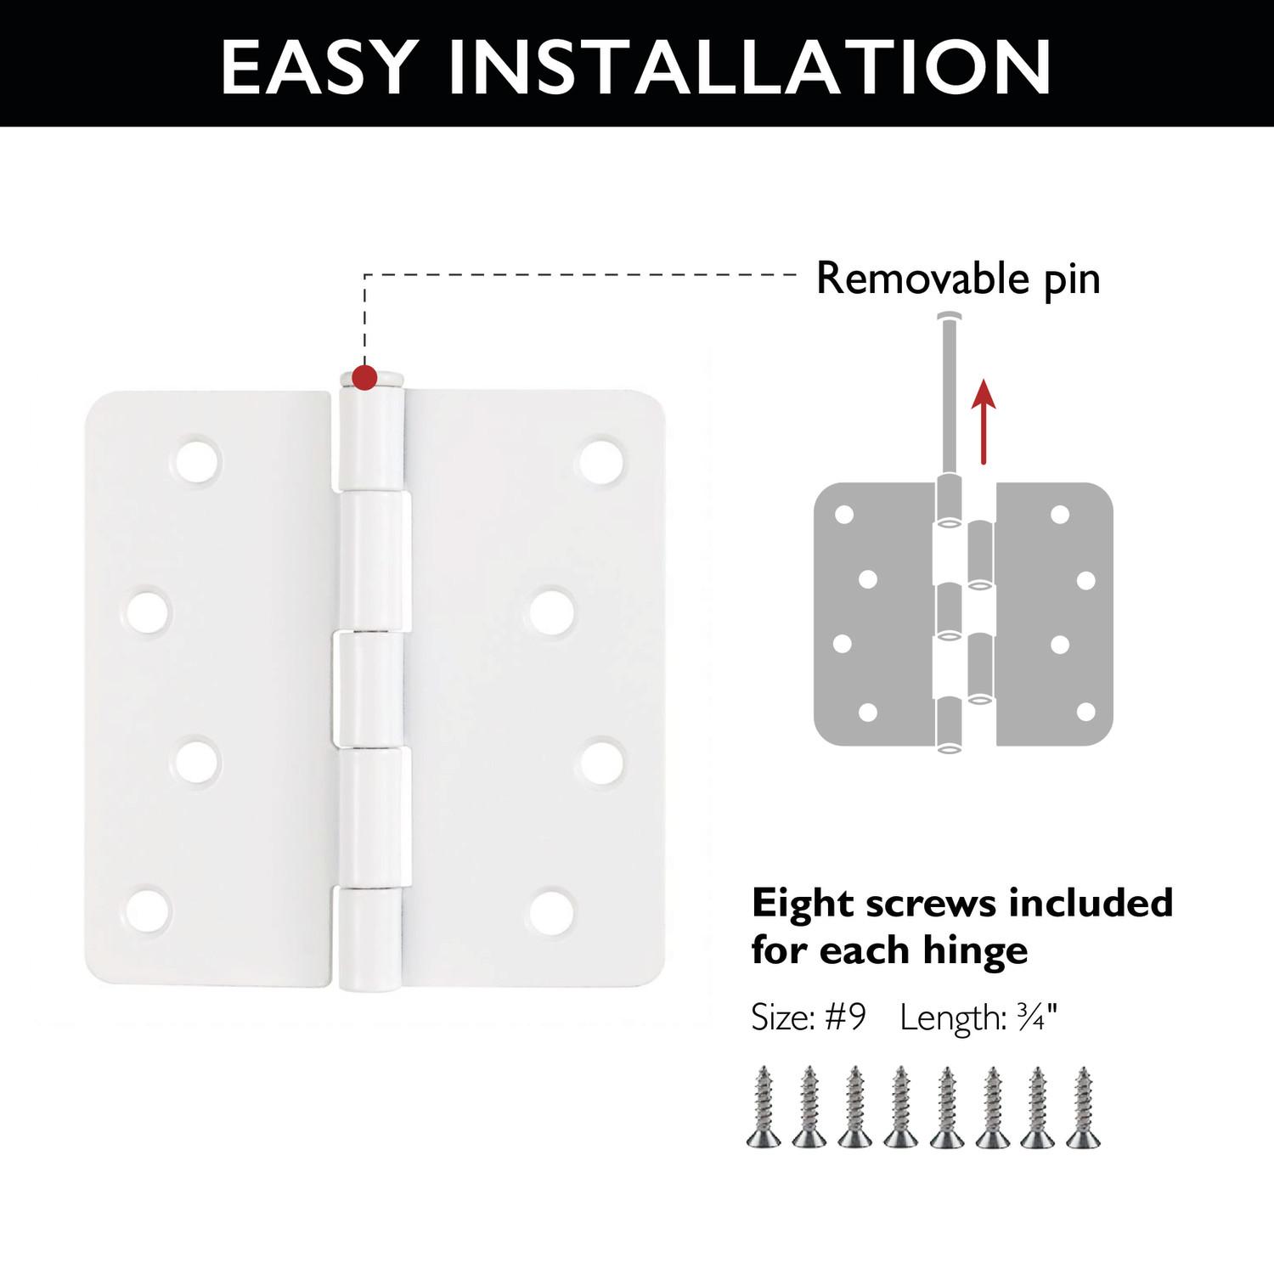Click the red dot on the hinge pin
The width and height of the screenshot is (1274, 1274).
364,378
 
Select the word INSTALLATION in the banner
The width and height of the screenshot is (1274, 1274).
750,66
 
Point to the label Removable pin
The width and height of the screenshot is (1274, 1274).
958,279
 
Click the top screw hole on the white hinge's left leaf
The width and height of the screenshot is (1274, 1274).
197,459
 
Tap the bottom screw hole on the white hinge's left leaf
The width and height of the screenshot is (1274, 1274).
149,910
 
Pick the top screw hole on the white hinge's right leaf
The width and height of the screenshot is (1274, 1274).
602,459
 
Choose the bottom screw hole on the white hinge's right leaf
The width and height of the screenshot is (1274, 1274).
552,910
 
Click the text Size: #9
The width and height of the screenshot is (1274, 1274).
808,1017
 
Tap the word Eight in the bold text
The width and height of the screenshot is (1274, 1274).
802,904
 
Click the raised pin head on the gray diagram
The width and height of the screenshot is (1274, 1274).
950,318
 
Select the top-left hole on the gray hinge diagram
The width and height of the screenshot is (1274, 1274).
844,515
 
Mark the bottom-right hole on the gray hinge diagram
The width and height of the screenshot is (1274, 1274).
1085,711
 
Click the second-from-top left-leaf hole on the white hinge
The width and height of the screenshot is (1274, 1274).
149,610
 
